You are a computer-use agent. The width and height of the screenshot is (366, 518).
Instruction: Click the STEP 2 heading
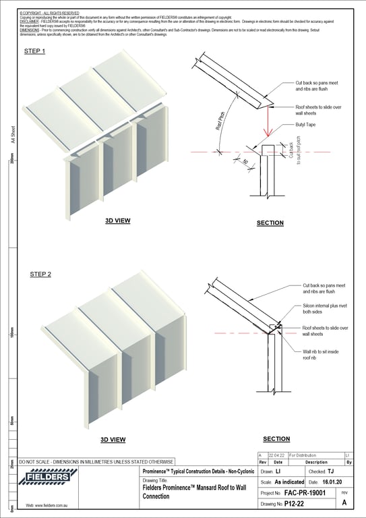(x=40, y=275)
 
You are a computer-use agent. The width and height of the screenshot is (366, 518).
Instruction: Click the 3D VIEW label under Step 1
(x=117, y=221)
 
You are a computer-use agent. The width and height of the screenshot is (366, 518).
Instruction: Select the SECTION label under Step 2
(x=276, y=438)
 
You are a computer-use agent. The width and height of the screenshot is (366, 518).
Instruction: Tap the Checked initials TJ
(x=330, y=471)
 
